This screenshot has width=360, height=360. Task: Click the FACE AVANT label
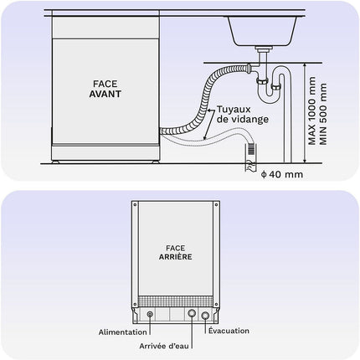(105, 89)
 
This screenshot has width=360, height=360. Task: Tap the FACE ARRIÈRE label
(176, 252)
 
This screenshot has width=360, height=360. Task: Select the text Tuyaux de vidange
(243, 114)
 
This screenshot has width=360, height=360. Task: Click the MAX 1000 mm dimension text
(312, 111)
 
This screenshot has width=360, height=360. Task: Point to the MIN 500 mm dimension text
(323, 114)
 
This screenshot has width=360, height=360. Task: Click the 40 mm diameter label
(282, 174)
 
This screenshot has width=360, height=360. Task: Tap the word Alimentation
(122, 332)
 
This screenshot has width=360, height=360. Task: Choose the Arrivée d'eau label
(164, 346)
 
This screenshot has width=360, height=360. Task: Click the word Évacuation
(229, 331)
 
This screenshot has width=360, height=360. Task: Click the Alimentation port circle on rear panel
(150, 315)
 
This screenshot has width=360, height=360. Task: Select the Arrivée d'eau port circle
(192, 313)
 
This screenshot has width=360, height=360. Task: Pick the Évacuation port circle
(205, 316)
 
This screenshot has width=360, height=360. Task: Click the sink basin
(262, 31)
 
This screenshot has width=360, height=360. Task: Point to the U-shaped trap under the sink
(269, 94)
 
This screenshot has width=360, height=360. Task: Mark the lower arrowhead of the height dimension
(305, 160)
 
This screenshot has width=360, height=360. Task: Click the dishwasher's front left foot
(55, 162)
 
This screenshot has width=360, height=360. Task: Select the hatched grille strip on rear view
(176, 301)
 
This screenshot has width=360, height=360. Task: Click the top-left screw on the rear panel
(135, 204)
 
